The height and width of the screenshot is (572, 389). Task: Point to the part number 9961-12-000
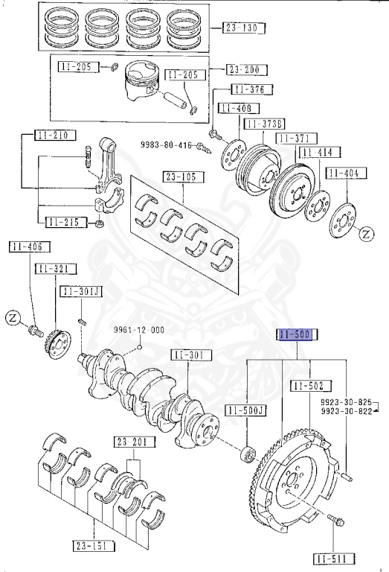pyautogui.click(x=139, y=330)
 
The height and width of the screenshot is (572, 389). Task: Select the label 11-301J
pyautogui.click(x=83, y=291)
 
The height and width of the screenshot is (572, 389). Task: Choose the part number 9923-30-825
pyautogui.click(x=347, y=400)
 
